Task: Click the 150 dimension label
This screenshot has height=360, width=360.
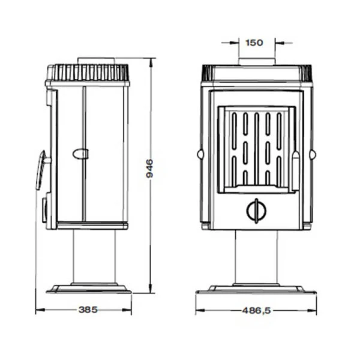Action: (x=254, y=43)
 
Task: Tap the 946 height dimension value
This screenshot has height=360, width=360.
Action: (x=149, y=168)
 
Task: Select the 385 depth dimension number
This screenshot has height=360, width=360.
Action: (x=88, y=310)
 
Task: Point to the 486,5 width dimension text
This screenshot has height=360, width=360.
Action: (x=256, y=311)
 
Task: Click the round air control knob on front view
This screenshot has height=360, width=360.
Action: (x=256, y=211)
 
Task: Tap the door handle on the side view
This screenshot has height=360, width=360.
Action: (x=41, y=170)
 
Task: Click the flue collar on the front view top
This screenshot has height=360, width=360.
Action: (x=257, y=62)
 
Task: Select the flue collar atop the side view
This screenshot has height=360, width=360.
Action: (x=96, y=61)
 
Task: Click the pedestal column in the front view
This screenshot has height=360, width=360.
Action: (x=256, y=257)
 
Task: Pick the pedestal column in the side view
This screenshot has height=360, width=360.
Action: (x=94, y=256)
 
